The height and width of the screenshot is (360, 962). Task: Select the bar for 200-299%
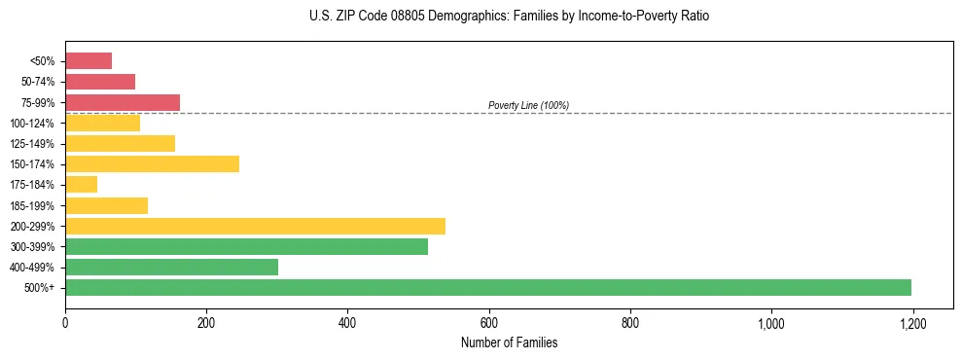coord(255,226)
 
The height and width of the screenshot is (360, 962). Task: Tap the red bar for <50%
coord(89,60)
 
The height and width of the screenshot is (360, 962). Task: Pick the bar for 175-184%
coord(81,184)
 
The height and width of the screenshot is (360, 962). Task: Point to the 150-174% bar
coord(152,163)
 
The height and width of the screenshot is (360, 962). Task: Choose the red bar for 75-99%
coord(123,102)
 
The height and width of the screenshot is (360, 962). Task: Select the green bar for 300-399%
coord(246,246)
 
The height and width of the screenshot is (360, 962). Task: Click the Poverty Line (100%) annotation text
coord(528,105)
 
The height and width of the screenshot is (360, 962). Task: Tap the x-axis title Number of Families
coord(509,343)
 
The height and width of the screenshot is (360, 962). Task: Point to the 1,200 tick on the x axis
coord(912,322)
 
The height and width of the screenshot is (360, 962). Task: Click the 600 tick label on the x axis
coord(489,322)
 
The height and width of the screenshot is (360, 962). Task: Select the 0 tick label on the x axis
coord(65,322)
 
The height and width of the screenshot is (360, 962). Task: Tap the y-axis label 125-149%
coord(32,144)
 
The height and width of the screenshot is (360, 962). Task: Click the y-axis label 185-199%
coord(32,205)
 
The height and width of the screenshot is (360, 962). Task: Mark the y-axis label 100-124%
coord(32,124)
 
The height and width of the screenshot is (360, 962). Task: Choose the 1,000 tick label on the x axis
coord(771,322)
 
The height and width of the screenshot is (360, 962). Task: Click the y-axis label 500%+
coord(39,288)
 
